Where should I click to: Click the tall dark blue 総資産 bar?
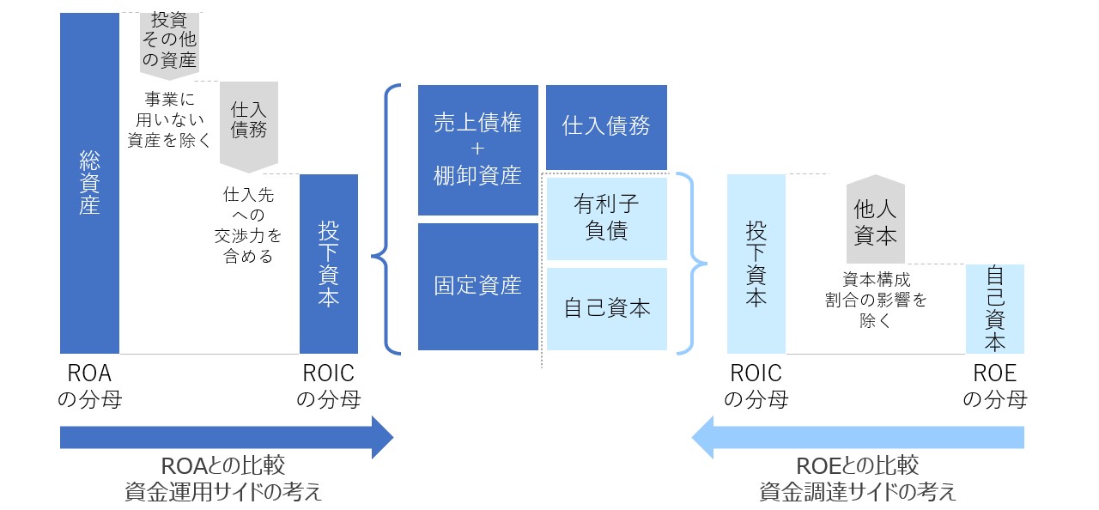89,183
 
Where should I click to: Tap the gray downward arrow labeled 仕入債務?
249,120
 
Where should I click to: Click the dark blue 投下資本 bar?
328,264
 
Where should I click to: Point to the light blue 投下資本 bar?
756,264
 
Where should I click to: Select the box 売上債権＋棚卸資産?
477,149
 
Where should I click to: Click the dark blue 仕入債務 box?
606,127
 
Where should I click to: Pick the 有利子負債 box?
606,218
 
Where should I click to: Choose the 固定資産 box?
477,286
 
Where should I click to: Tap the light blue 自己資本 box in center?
606,308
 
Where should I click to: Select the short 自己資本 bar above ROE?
994,309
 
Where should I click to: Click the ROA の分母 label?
89,386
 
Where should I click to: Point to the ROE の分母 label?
994,386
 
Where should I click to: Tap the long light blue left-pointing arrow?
859,438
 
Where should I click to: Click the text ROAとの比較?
223,466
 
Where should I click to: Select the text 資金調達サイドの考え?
858,492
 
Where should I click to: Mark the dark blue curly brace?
386,219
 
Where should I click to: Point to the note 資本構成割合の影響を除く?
875,301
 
